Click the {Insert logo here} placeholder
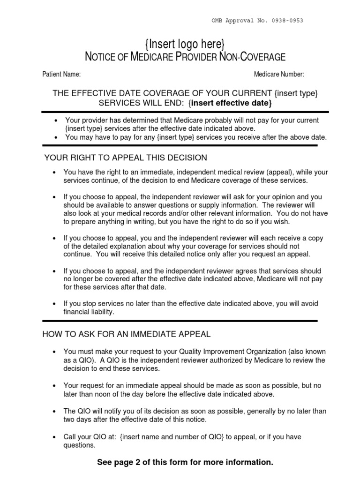tap(185, 45)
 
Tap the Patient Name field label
tap(61, 74)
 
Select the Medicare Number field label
tap(279, 74)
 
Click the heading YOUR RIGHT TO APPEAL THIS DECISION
tap(125, 157)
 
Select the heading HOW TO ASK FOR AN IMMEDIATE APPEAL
tap(127, 334)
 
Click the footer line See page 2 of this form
tap(185, 462)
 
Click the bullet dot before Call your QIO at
tap(54, 437)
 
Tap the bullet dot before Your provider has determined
tap(56, 120)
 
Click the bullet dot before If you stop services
tap(54, 304)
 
